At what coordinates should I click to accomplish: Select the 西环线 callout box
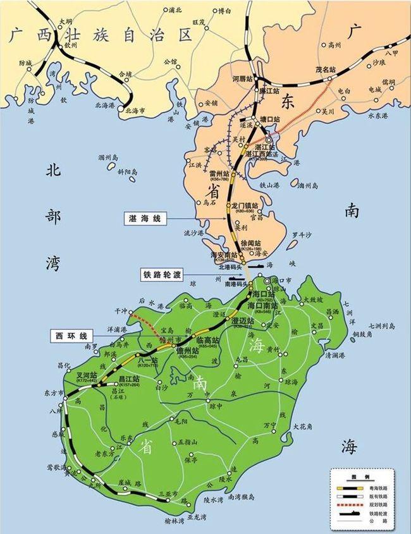click(x=70, y=334)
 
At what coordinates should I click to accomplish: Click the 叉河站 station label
click(x=86, y=374)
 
